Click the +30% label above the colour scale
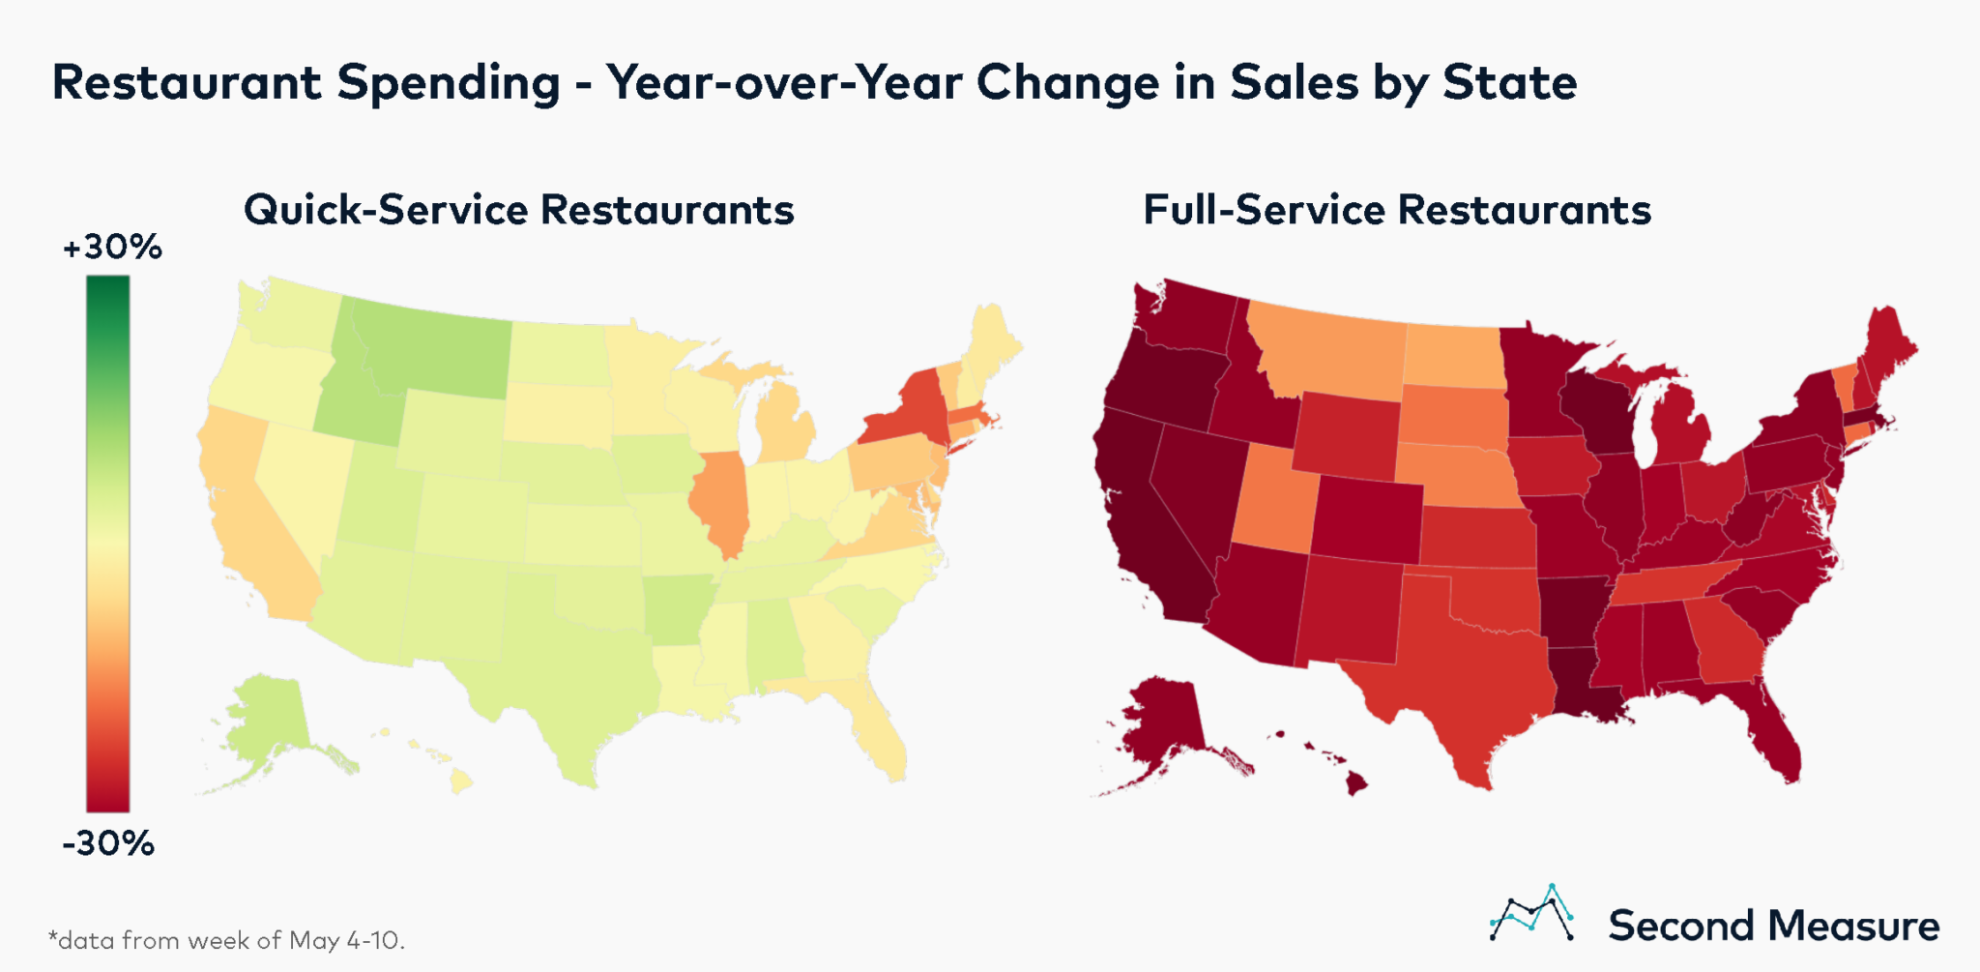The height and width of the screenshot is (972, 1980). click(x=111, y=248)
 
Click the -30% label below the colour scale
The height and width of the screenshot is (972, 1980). click(x=108, y=843)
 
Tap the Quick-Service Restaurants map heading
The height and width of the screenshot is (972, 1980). click(x=518, y=210)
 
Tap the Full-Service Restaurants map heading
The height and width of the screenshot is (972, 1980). click(x=1396, y=210)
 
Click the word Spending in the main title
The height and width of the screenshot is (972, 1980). click(x=449, y=83)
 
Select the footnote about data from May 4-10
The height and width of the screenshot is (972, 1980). click(x=226, y=940)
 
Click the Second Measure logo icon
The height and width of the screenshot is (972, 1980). click(x=1532, y=914)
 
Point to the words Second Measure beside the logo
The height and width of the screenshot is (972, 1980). click(x=1773, y=927)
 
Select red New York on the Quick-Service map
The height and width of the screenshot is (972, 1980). click(x=904, y=411)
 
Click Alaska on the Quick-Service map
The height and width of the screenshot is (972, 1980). click(x=266, y=721)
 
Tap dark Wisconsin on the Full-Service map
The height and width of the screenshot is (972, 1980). click(x=1595, y=416)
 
